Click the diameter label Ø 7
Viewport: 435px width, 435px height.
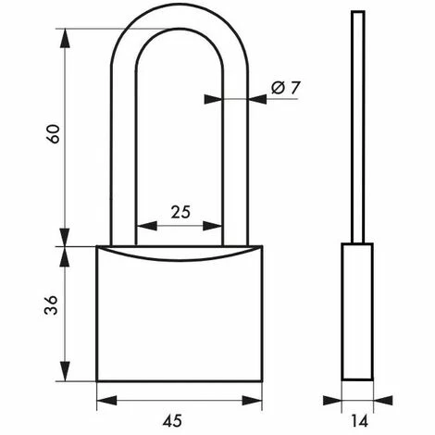click(x=287, y=87)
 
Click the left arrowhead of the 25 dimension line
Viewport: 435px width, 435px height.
click(x=141, y=227)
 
